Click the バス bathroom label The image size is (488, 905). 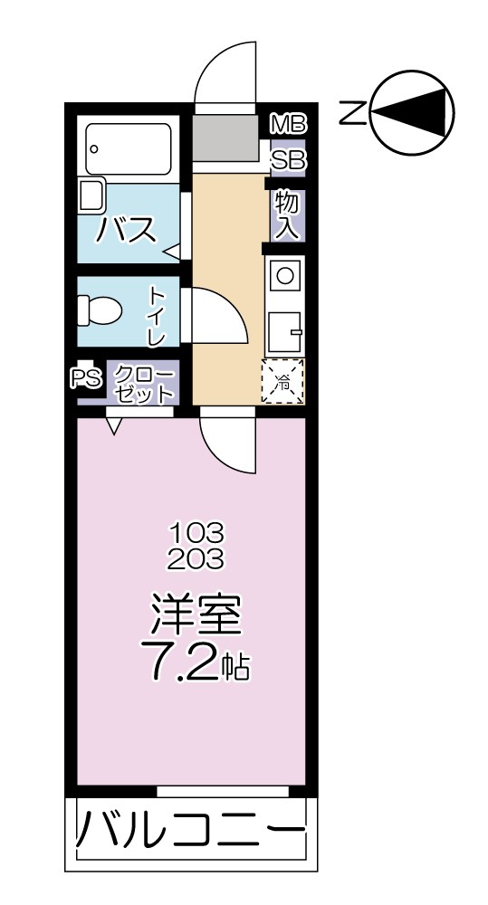coord(127,231)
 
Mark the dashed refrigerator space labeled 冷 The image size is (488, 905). coord(283,382)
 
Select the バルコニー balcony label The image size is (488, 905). coord(188,831)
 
